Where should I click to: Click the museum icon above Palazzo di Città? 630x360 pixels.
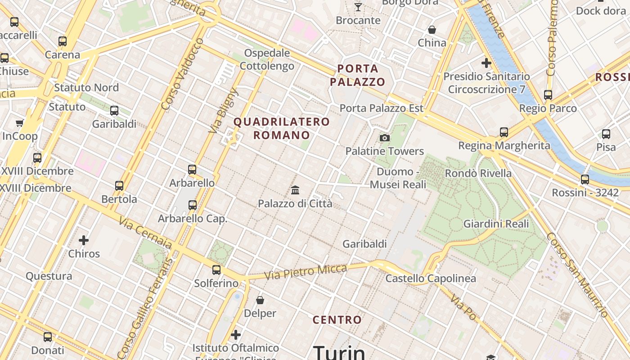pos(295,190)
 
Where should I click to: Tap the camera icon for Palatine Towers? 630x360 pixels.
pos(385,138)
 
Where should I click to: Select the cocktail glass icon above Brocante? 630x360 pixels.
pos(358,7)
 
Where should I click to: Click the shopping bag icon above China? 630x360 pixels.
pos(432,30)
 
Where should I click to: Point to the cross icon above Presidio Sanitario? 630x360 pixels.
pos(486,63)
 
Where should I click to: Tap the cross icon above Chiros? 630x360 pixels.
pos(84,240)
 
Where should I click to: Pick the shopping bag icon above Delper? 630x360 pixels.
pos(260,300)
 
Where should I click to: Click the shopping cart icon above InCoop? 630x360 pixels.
pos(19,123)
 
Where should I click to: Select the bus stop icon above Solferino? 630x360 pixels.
pos(216,270)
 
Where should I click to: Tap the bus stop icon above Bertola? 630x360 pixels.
pos(119,185)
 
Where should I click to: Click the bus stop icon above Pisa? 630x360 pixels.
pos(606,134)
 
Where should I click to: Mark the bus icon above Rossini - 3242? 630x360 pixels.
pos(585,179)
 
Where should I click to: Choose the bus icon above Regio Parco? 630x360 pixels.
pos(548,95)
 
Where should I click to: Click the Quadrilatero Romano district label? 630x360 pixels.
pos(282,128)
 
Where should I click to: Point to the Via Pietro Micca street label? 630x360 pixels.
pos(306,272)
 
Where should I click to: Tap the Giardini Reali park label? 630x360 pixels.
pos(496,224)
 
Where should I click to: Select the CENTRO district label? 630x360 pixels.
pos(337,320)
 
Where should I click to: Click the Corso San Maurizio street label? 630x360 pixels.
pos(578,274)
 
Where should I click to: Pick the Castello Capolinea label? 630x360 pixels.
pos(431,279)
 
